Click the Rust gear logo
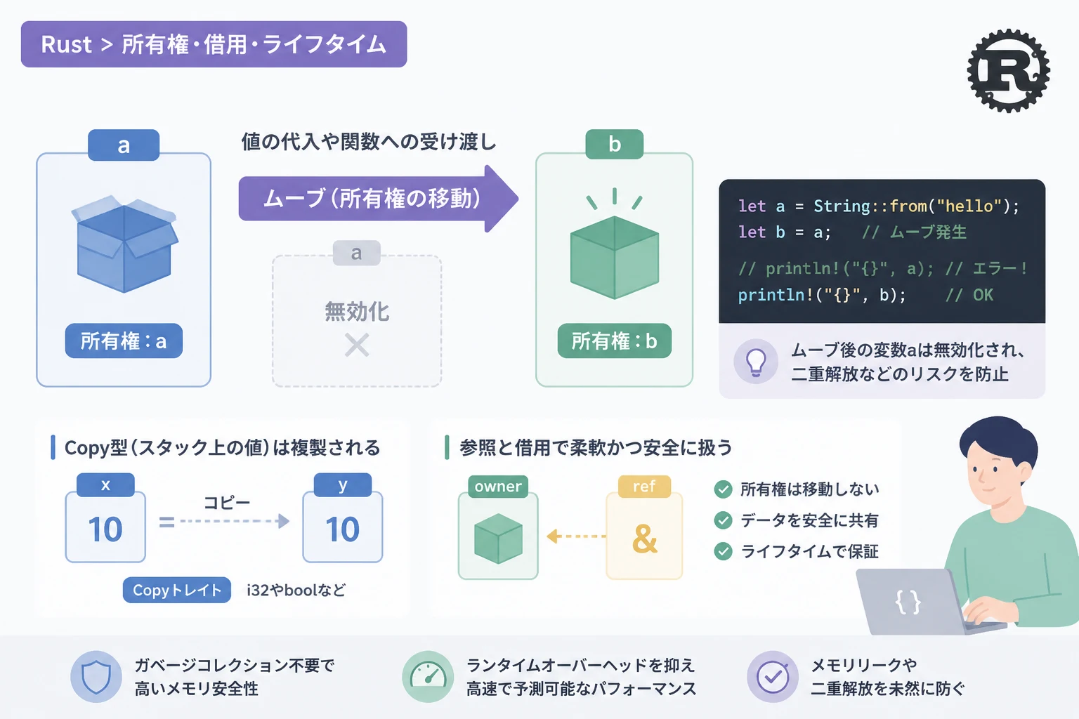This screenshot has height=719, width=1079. pyautogui.click(x=1008, y=71)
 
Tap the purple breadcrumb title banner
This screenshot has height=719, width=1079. pyautogui.click(x=214, y=44)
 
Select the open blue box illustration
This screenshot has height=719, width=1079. pyautogui.click(x=125, y=244)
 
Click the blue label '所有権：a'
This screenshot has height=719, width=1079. pyautogui.click(x=124, y=341)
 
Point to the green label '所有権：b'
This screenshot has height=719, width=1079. pyautogui.click(x=614, y=341)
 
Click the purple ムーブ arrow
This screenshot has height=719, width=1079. pyautogui.click(x=379, y=199)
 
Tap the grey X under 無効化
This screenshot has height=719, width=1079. pyautogui.click(x=357, y=345)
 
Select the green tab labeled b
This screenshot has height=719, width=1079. pyautogui.click(x=614, y=144)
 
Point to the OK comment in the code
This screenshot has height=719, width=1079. pyautogui.click(x=983, y=295)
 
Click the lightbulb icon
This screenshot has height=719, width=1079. pyautogui.click(x=756, y=362)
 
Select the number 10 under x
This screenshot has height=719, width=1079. pyautogui.click(x=105, y=529)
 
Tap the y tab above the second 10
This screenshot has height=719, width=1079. pyautogui.click(x=343, y=484)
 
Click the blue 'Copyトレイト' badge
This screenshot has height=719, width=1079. pyautogui.click(x=177, y=590)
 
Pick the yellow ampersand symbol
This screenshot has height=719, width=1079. pyautogui.click(x=644, y=539)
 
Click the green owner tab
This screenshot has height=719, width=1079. pyautogui.click(x=498, y=487)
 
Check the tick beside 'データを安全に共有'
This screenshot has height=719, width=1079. pyautogui.click(x=723, y=520)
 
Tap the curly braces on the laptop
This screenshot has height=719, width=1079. pyautogui.click(x=908, y=602)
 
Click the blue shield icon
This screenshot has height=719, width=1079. pyautogui.click(x=96, y=677)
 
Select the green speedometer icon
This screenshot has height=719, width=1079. pyautogui.click(x=428, y=677)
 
